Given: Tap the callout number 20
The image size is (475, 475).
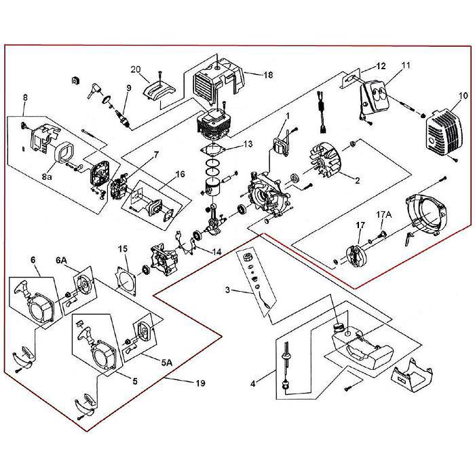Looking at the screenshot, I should click(136, 69).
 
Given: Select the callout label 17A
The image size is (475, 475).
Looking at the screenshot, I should click(384, 215).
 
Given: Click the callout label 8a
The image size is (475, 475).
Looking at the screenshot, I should click(47, 176).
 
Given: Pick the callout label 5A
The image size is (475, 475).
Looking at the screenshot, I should click(166, 362).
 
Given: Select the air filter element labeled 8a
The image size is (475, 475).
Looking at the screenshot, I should click(66, 153).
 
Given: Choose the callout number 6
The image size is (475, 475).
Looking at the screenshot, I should click(32, 259).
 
